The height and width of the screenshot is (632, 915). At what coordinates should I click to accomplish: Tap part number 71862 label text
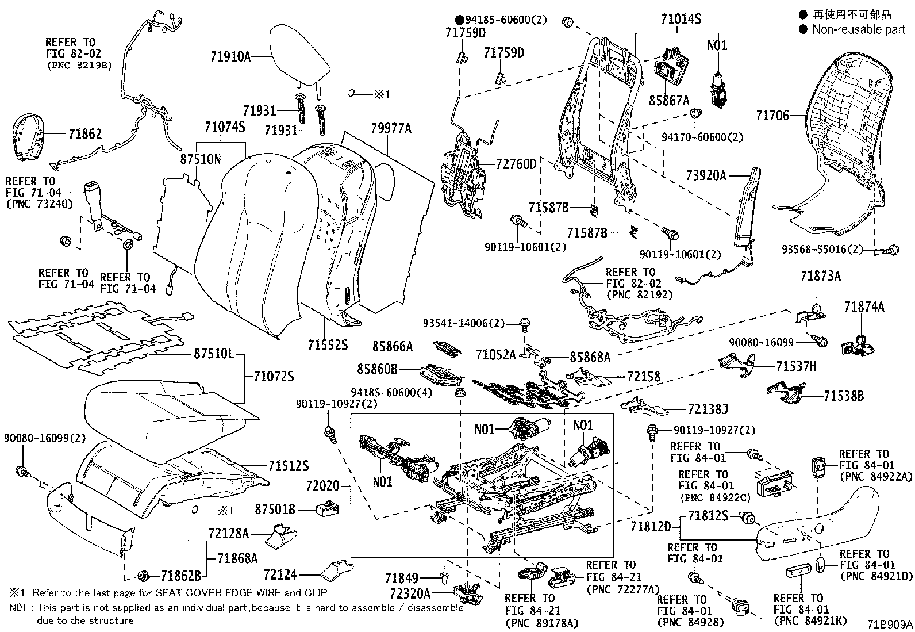pos(85,133)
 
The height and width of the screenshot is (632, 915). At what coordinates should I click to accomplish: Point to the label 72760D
pos(516,164)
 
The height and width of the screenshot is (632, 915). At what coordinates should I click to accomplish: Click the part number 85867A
pos(669,100)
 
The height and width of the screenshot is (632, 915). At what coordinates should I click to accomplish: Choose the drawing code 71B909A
pos(890,624)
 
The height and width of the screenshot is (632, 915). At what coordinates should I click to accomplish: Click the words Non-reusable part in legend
pos(859,29)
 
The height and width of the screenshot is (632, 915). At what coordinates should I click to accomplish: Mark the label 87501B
pos(275,509)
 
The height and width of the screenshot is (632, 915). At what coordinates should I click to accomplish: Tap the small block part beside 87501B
pos(328,508)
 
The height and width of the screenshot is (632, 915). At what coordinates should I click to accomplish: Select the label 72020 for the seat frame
pos(322,486)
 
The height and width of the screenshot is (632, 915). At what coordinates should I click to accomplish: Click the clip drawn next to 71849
pos(445,577)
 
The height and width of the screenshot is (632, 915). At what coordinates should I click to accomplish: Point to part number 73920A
pos(706,175)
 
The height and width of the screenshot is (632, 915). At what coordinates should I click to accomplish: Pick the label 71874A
pos(864,307)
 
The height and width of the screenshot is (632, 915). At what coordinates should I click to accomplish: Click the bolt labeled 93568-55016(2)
pos(893,250)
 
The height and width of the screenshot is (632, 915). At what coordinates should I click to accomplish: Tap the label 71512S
pos(289,466)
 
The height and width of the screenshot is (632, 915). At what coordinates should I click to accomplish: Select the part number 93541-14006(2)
pos(464,323)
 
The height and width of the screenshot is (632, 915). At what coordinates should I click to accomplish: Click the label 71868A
pos(237,558)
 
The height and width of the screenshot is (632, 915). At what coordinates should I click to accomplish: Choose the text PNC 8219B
pos(80,65)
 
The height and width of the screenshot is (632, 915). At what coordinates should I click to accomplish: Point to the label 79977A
pos(391,128)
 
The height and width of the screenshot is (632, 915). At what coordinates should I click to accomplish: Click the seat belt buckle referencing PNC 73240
pos(93,204)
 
